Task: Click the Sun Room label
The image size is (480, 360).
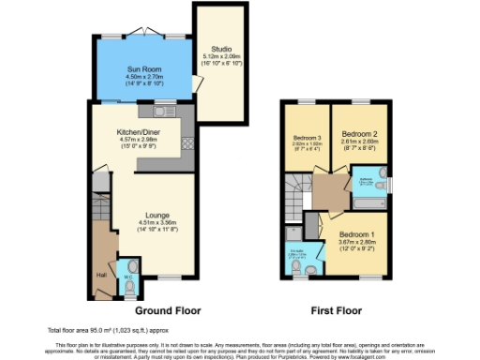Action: (x=144, y=69)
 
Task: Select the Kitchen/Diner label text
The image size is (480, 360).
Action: (x=138, y=132)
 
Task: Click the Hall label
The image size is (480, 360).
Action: (x=100, y=275)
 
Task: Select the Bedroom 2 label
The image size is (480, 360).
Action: (x=358, y=134)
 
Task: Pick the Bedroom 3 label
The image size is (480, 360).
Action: (x=307, y=139)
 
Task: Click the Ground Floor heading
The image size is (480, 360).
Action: (x=168, y=310)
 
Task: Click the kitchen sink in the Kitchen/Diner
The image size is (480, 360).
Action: (x=167, y=109)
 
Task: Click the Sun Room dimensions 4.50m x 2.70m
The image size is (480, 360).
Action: (x=144, y=77)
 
